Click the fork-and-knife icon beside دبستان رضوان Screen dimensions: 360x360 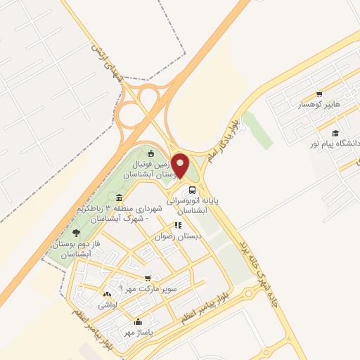click(178, 226)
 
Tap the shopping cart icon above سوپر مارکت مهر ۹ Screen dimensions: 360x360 click(147, 278)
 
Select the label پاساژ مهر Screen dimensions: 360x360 click(139, 332)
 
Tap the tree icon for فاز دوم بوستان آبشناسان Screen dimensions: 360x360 click(77, 233)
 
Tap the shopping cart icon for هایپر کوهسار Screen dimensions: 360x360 click(319, 94)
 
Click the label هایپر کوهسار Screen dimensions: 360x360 click(318, 105)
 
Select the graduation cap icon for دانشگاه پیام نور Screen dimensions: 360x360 click(335, 133)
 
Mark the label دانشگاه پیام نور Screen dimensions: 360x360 click(335, 143)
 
